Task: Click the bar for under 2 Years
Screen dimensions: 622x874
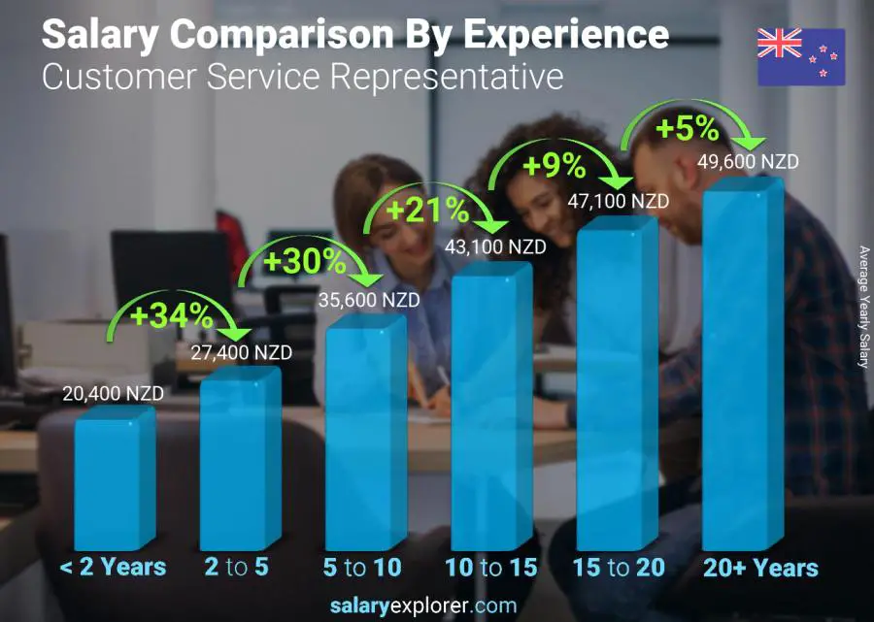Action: (114, 480)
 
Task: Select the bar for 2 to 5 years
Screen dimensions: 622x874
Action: (239, 461)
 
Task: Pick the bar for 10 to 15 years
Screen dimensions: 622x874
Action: (490, 408)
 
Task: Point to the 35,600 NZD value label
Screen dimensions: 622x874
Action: (369, 300)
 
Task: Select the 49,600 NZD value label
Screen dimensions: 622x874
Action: (748, 162)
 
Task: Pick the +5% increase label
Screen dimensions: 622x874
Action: (687, 128)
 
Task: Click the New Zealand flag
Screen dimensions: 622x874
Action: (801, 57)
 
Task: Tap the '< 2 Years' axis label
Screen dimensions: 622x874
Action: (114, 568)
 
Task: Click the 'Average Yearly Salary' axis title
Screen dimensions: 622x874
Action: (863, 307)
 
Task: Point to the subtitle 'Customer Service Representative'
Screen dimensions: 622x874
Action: (302, 76)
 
